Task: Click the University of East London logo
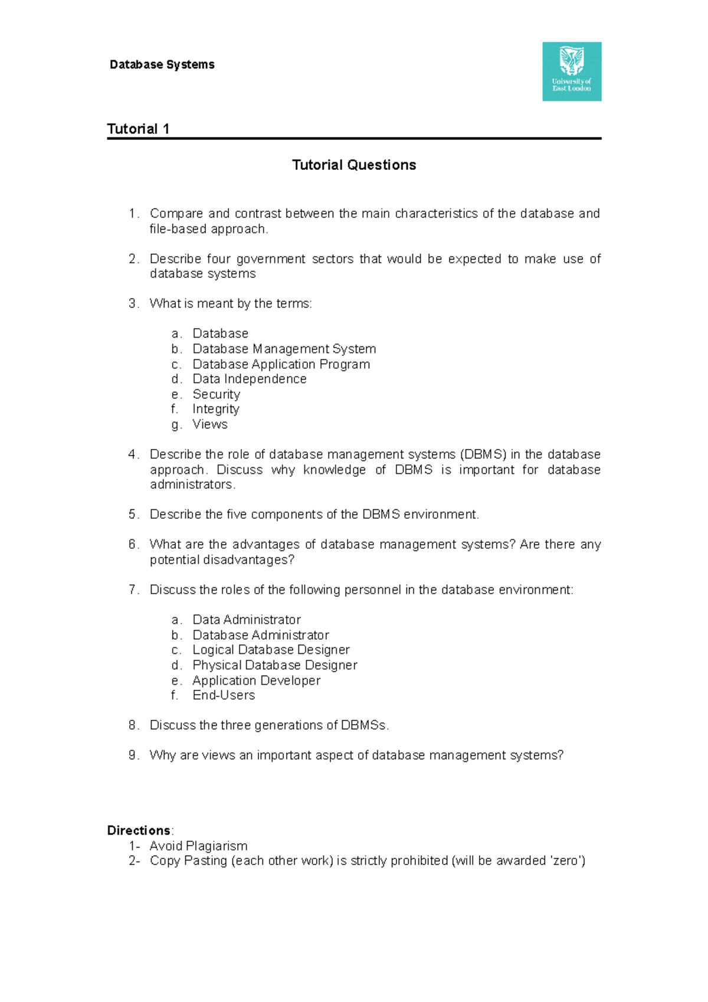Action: pyautogui.click(x=572, y=71)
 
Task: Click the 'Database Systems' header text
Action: pyautogui.click(x=162, y=65)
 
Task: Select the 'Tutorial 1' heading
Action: pyautogui.click(x=138, y=129)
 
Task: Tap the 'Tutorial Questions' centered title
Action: pyautogui.click(x=354, y=165)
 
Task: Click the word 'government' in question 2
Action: pyautogui.click(x=271, y=259)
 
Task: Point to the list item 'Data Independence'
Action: pyautogui.click(x=249, y=379)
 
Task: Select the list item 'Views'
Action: pyautogui.click(x=209, y=424)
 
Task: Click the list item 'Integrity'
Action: pyautogui.click(x=215, y=409)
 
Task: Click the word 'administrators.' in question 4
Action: pyautogui.click(x=192, y=484)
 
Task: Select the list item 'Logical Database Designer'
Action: pyautogui.click(x=271, y=650)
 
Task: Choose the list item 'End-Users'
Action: pyautogui.click(x=224, y=695)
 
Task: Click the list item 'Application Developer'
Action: pyautogui.click(x=256, y=680)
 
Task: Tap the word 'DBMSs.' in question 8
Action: pyautogui.click(x=365, y=725)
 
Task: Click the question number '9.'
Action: pyautogui.click(x=133, y=755)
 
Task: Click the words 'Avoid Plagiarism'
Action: pyautogui.click(x=198, y=846)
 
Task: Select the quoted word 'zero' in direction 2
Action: pyautogui.click(x=565, y=861)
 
